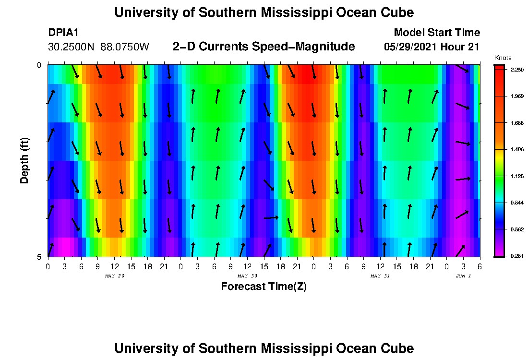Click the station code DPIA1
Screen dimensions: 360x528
(x=63, y=33)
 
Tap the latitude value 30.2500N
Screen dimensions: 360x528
(x=72, y=47)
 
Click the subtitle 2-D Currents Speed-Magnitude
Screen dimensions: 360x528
(x=264, y=47)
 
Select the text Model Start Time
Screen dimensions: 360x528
(x=436, y=33)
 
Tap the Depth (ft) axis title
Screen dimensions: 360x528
(x=24, y=160)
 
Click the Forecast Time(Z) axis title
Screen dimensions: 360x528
(x=264, y=287)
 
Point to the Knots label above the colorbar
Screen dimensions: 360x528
(x=503, y=58)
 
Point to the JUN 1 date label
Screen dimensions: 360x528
(x=463, y=276)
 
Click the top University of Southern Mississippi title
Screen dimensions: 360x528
(x=264, y=12)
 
